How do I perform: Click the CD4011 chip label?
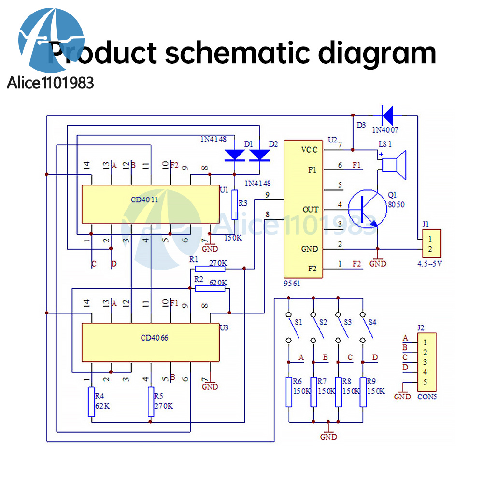(144, 199)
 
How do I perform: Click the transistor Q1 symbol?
(367, 209)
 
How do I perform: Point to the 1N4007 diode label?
(386, 130)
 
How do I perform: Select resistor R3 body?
(235, 202)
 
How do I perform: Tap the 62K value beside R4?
(102, 406)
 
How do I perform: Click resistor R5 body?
(150, 402)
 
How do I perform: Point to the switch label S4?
(372, 322)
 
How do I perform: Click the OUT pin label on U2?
(310, 209)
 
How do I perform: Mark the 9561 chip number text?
(292, 284)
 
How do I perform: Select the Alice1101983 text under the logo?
(50, 83)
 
